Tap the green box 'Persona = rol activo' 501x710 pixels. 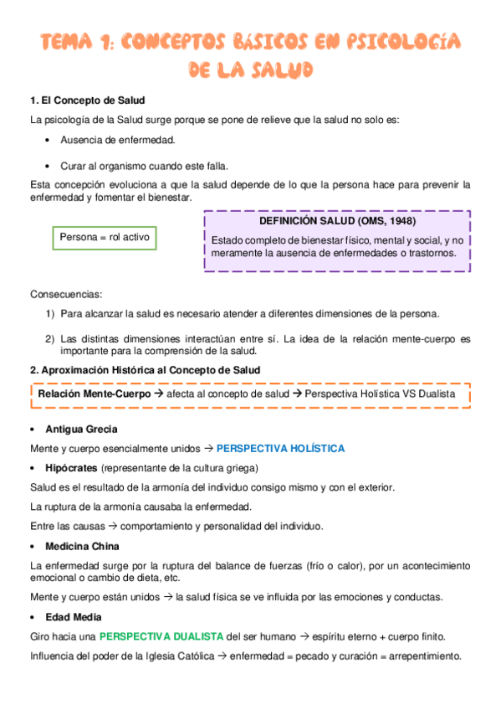pos(105,238)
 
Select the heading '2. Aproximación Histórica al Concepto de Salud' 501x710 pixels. pos(145,369)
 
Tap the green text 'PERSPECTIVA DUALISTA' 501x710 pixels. pos(161,636)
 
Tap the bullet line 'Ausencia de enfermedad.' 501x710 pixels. pos(117,140)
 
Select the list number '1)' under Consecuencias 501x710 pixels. pos(50,314)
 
